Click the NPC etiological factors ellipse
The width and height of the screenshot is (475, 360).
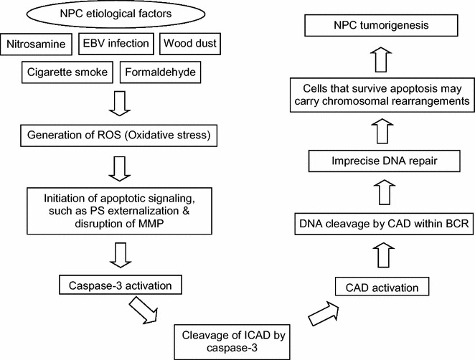point(116,14)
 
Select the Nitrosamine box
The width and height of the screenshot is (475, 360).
point(36,44)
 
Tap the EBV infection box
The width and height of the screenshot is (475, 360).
point(116,44)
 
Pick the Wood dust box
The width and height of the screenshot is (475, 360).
point(190,44)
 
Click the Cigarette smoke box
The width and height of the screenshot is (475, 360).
point(67,72)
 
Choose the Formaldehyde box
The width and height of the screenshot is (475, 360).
point(160,72)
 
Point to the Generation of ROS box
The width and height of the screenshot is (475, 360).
point(119,135)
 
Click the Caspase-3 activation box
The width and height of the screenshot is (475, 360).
point(121,285)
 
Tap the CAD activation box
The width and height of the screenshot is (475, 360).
point(382,287)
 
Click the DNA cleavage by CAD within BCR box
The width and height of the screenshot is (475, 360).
point(384,224)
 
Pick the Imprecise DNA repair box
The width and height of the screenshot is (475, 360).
point(384,161)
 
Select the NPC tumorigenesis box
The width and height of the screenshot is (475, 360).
point(381,25)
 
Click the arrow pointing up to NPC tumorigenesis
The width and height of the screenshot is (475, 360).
point(381,60)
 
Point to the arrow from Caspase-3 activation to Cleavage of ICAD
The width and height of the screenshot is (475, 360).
point(144,311)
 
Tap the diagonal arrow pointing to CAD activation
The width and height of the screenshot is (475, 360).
point(323,313)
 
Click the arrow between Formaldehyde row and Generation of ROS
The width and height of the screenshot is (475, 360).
point(120,103)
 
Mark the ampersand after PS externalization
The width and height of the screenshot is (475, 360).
point(186,211)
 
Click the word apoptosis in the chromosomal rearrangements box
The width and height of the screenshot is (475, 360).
point(413,89)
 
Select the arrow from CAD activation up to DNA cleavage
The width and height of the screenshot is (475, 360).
point(384,255)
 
